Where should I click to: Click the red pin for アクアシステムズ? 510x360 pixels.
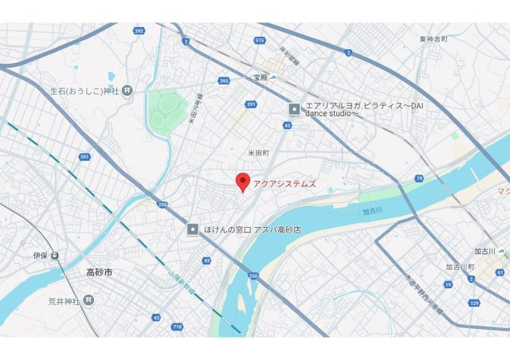coord(244,181)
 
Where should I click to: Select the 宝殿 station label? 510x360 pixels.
coord(260,77)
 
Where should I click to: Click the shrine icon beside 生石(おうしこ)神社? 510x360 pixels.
coord(127,91)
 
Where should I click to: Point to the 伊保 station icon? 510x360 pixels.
coord(54,256)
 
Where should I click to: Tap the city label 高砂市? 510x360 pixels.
coord(100,272)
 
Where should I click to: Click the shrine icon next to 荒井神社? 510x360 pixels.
coord(88,300)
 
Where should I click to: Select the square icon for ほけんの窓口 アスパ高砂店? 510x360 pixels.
coord(193,229)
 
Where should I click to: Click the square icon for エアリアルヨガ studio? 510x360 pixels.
coord(294,108)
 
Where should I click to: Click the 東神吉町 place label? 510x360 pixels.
coord(433,38)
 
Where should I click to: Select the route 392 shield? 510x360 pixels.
coord(139,32)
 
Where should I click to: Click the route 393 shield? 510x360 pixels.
coord(224,80)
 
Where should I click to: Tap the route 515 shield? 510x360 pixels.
coord(259,40)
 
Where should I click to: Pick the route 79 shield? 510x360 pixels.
coord(419,178)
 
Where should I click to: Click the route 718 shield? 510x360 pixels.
coord(176,327)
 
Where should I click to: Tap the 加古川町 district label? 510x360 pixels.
coord(460,266)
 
